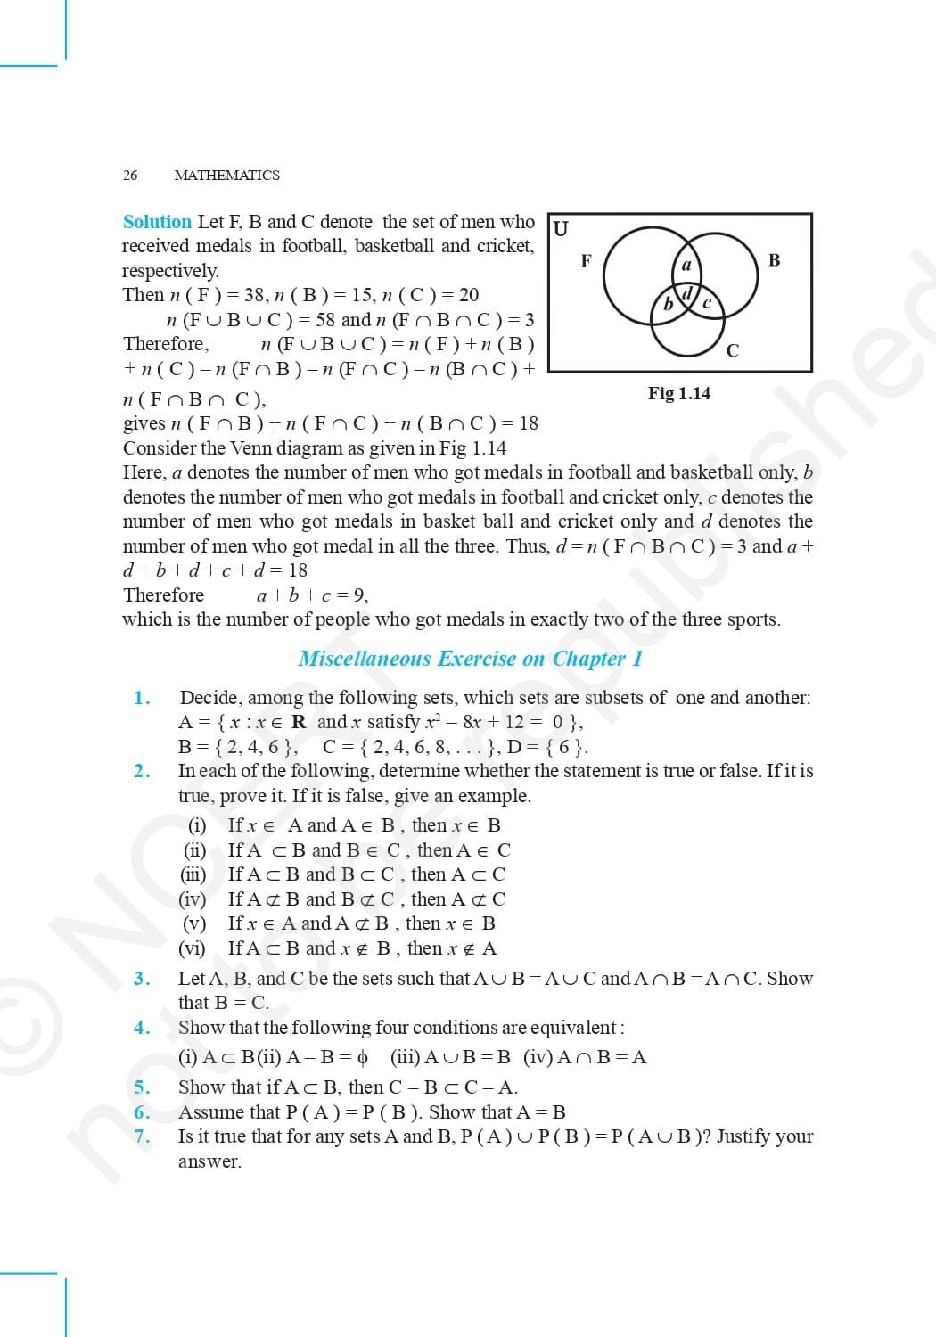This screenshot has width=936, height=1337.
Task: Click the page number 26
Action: [x=130, y=175]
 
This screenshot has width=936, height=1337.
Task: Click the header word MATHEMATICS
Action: [x=226, y=175]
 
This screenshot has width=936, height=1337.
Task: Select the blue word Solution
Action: [x=157, y=222]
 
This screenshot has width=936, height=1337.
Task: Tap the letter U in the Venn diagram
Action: [x=561, y=229]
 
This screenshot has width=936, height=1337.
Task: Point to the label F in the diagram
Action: [x=586, y=260]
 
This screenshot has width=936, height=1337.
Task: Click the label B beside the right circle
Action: [x=774, y=260]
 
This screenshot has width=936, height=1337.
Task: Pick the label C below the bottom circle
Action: [x=733, y=350]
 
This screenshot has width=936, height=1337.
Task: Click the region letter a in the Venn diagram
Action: [x=686, y=265]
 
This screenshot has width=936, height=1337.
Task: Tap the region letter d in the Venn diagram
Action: [x=687, y=293]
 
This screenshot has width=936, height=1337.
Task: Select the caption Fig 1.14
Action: [x=679, y=393]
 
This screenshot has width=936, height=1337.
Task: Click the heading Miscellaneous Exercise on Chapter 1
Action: [x=470, y=659]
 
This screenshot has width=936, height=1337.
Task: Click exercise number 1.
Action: [x=142, y=698]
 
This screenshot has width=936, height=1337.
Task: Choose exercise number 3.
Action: [x=142, y=979]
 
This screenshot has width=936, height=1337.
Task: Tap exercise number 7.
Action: [x=142, y=1136]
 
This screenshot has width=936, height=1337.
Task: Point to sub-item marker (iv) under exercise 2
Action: [x=192, y=899]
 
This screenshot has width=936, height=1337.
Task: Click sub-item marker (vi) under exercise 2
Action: [x=192, y=948]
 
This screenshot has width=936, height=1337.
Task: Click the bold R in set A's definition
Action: [x=299, y=722]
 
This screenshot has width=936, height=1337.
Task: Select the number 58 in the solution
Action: [x=324, y=320]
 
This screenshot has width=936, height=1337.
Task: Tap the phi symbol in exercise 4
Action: [x=362, y=1058]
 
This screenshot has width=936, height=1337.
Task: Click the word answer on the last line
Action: [x=209, y=1161]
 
